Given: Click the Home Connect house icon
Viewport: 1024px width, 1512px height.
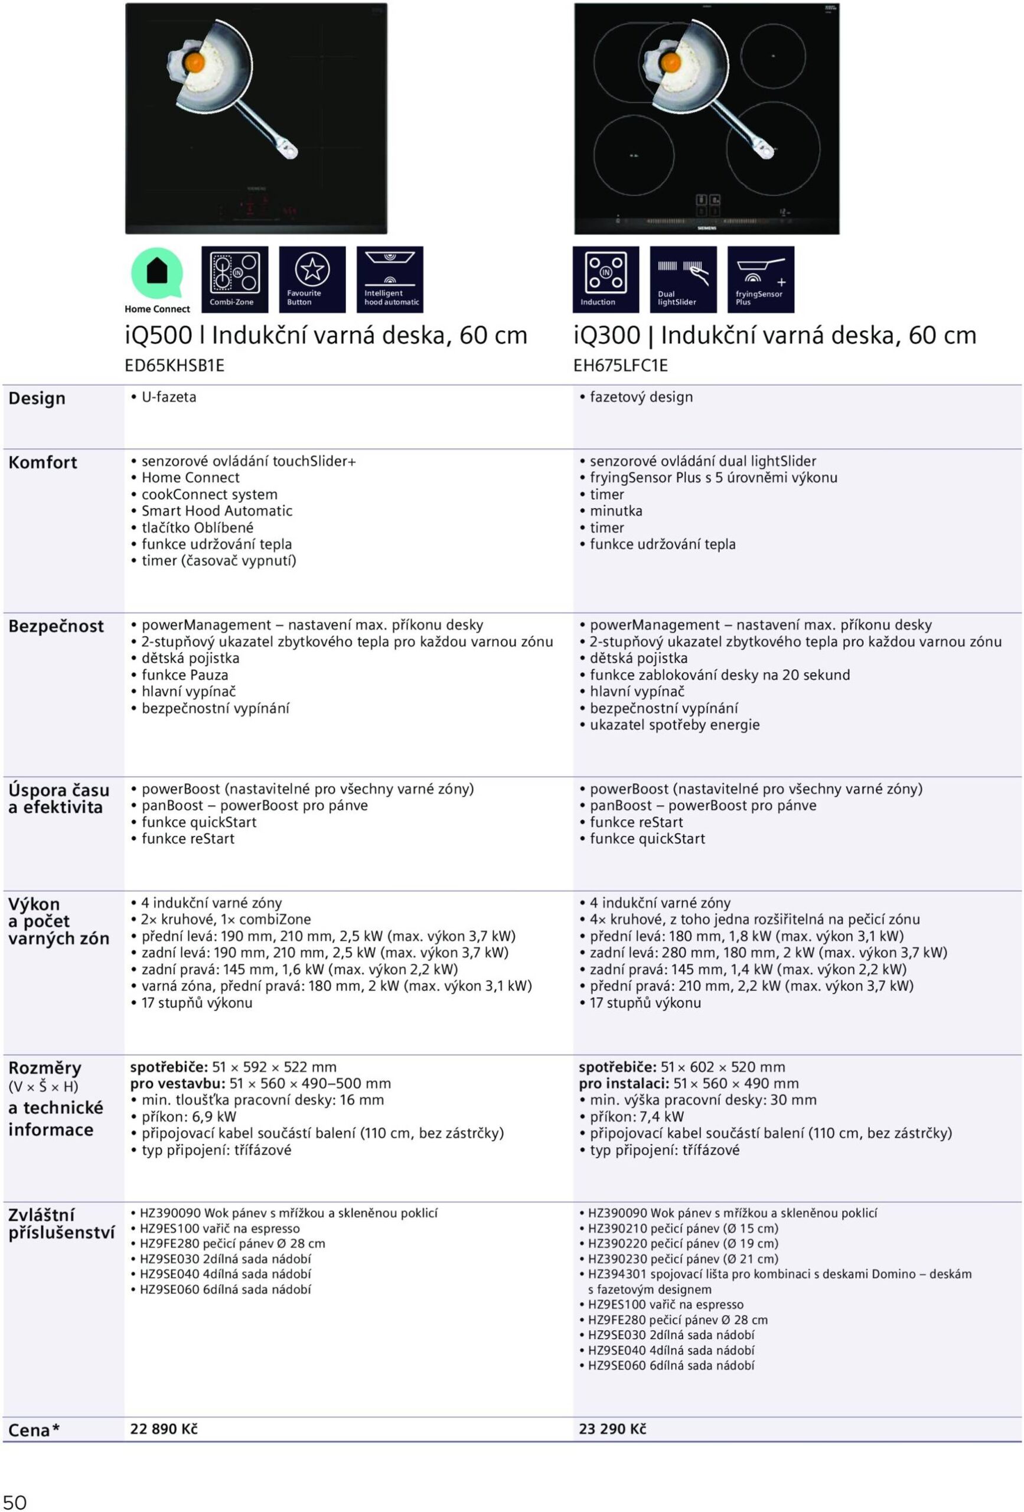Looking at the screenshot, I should (x=156, y=273).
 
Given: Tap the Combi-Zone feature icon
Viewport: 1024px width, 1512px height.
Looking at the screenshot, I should (x=234, y=278).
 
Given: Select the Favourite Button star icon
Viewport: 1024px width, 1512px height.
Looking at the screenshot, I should (x=312, y=278).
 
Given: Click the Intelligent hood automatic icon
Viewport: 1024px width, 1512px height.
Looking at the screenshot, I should (x=390, y=278).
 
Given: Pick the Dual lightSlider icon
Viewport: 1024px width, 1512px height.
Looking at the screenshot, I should (x=683, y=278).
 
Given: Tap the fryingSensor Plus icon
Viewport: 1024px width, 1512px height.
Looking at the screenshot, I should (x=761, y=278).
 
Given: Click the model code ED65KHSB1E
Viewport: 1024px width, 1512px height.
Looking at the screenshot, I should (x=174, y=366).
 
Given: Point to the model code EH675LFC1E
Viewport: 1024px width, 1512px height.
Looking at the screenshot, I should (x=620, y=366).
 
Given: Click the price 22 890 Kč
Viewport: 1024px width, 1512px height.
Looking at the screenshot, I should (x=164, y=1429).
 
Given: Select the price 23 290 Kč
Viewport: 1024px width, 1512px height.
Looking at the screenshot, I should (x=612, y=1429).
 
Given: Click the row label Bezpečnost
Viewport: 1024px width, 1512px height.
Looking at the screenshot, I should (x=56, y=627).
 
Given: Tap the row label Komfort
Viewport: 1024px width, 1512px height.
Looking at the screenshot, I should (x=43, y=462).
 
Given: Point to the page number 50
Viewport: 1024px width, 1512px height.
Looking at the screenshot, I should (x=14, y=1497).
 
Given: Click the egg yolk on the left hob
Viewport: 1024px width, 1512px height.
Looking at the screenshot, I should (x=194, y=63).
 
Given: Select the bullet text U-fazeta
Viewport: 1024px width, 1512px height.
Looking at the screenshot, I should (x=168, y=397).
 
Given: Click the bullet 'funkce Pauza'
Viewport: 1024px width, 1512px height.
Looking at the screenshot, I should (x=185, y=675).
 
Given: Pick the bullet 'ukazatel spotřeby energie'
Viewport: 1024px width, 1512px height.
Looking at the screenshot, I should (x=674, y=725).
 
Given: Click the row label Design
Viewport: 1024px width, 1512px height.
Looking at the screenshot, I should (x=37, y=398).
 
